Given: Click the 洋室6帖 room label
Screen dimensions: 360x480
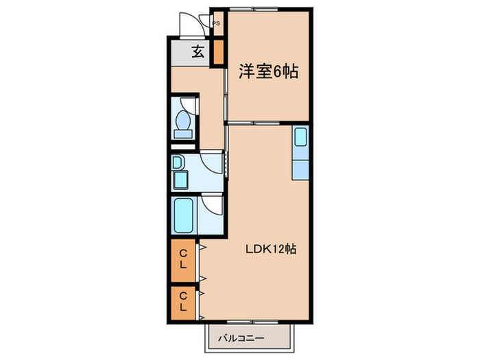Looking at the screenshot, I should pyautogui.click(x=268, y=71).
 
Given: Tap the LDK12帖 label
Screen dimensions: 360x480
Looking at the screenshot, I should pyautogui.click(x=271, y=250).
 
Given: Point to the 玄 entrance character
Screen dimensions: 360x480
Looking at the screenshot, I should pyautogui.click(x=197, y=51).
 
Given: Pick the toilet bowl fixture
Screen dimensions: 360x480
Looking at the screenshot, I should pyautogui.click(x=182, y=121).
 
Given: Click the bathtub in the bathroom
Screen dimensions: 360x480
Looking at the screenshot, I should pyautogui.click(x=184, y=216).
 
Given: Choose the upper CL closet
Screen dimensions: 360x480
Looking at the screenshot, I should pyautogui.click(x=183, y=260).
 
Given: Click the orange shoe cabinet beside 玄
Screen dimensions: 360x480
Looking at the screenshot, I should pyautogui.click(x=218, y=52).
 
